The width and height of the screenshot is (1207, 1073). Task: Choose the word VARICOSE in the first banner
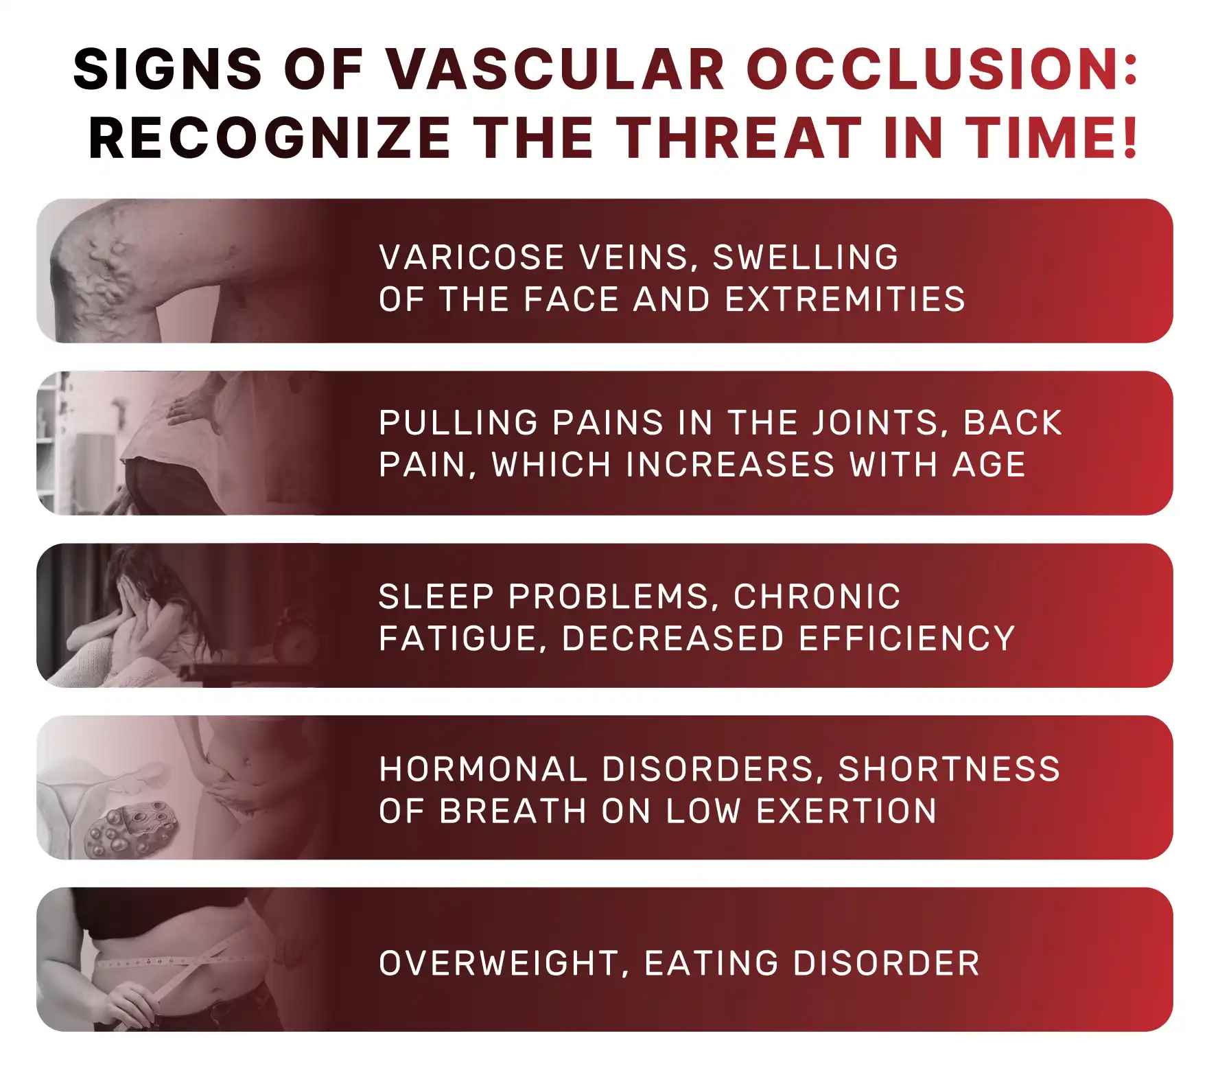coord(472,257)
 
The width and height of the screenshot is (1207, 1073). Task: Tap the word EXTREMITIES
coord(845,300)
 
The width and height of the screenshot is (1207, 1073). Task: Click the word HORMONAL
coord(483,770)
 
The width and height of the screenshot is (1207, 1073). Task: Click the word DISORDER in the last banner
coord(886,963)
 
